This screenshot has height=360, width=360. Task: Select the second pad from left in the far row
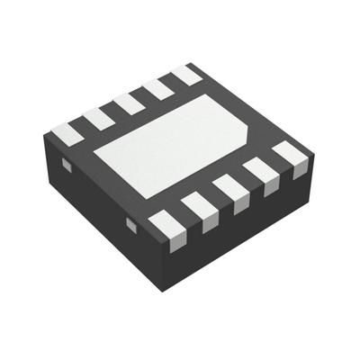point(98,118)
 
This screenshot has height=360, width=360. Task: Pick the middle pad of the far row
point(129,103)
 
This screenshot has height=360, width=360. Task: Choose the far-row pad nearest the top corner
point(185,75)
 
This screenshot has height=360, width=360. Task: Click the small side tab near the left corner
point(65,165)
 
